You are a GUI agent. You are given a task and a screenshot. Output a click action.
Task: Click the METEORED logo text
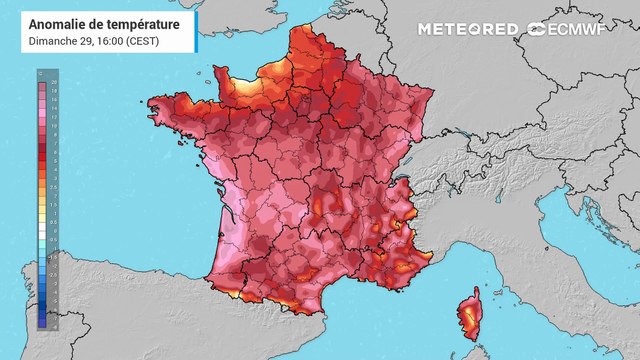467,29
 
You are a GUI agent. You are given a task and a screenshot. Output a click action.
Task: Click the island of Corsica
467,316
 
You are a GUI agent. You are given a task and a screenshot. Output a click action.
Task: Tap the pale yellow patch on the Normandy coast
250,85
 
